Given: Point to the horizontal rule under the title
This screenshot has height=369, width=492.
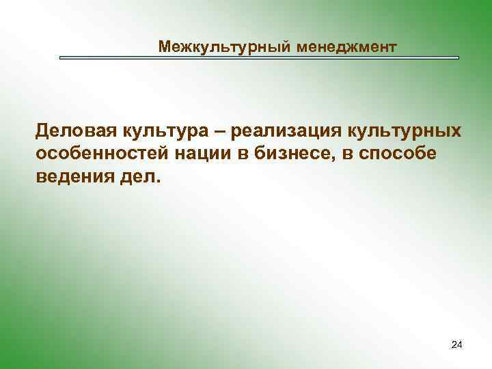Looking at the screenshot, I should [259, 58].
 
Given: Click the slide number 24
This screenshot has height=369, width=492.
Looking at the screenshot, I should [457, 346].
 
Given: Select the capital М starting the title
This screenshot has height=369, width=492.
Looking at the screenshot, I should [164, 47].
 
